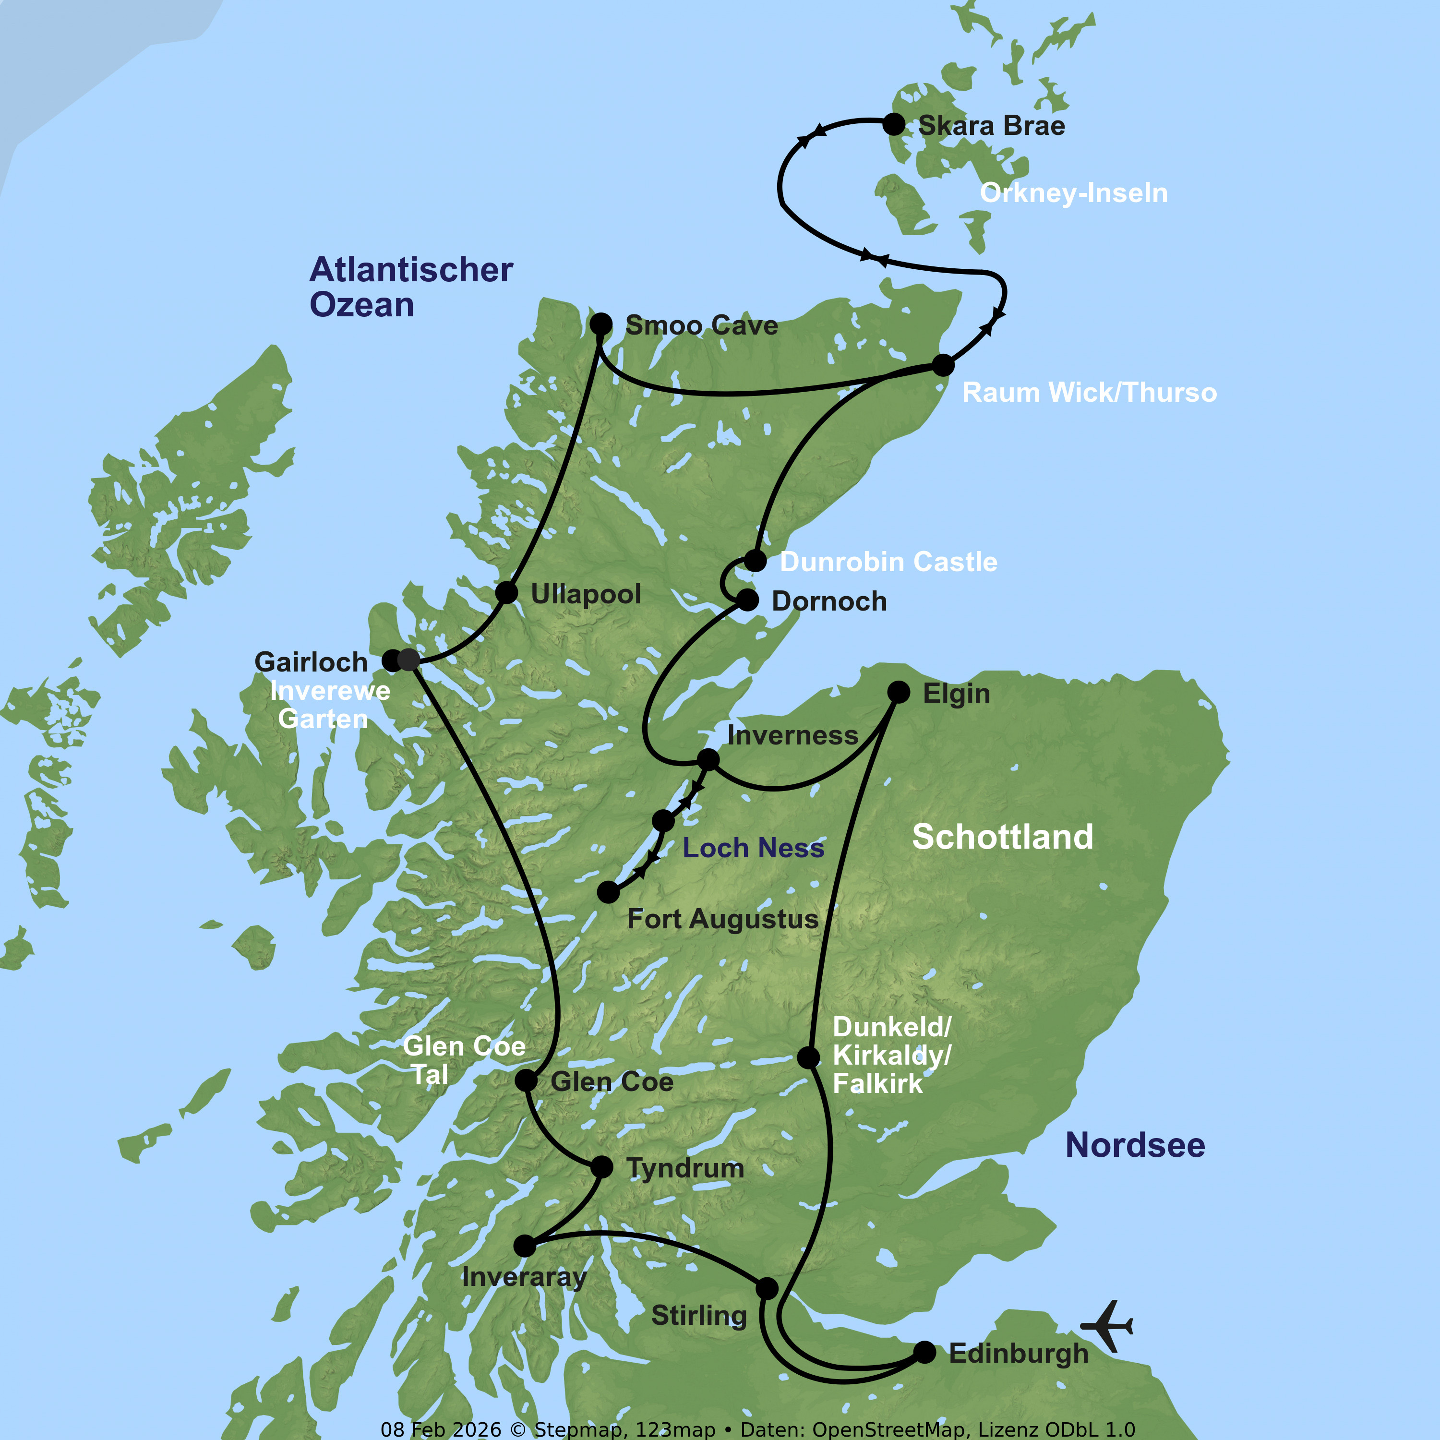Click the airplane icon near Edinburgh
(1107, 1326)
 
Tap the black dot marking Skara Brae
(894, 124)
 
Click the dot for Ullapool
(506, 592)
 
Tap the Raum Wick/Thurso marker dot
(943, 365)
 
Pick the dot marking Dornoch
(747, 600)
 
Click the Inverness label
(792, 736)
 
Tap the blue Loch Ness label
(753, 848)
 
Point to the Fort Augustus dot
(608, 891)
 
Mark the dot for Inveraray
(525, 1246)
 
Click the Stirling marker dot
(766, 1288)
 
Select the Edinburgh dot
(924, 1352)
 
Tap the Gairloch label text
(311, 662)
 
